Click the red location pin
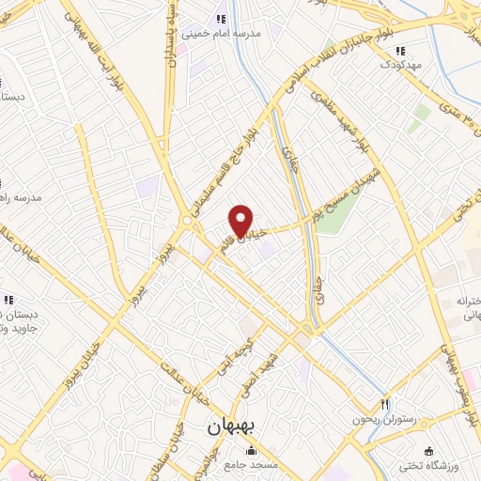pos(242,220)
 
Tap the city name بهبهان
pos(236,427)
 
